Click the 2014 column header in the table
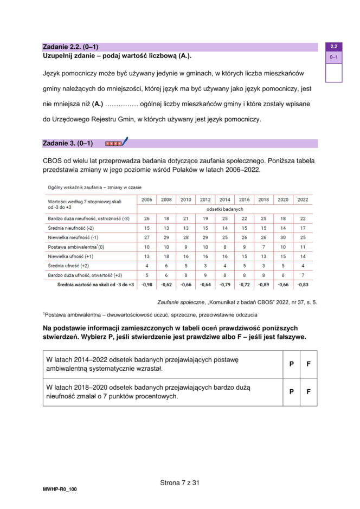point(224,199)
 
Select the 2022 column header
point(303,199)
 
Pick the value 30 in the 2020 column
point(283,237)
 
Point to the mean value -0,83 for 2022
point(303,284)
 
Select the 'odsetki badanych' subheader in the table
point(224,209)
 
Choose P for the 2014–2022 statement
point(291,364)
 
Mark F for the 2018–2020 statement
point(308,392)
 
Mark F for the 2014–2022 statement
point(308,364)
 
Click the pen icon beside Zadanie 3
point(124,143)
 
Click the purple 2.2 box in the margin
point(334,47)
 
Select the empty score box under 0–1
point(334,72)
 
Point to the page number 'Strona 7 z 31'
point(180,482)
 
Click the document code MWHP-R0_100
point(60,489)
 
